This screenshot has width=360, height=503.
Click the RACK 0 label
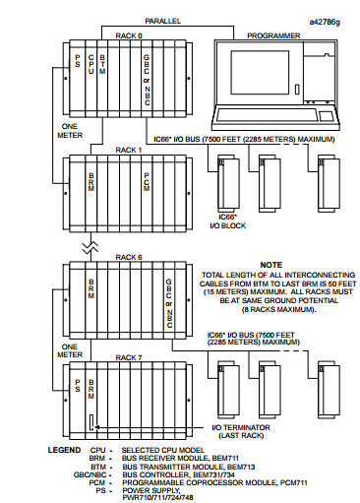[129, 35]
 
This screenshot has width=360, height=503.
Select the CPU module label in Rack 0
[90, 64]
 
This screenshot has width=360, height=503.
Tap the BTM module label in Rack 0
[102, 64]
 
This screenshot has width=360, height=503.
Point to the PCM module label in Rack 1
[147, 182]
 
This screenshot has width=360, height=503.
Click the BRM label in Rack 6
[91, 288]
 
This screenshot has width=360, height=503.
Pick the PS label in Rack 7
[78, 386]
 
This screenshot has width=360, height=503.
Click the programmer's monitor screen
[260, 72]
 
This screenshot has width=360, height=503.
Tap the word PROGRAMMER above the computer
[273, 35]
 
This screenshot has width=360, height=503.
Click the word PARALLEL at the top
[163, 21]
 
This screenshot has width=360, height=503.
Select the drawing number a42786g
[325, 22]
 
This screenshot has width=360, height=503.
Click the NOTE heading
[271, 265]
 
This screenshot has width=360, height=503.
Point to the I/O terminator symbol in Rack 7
[91, 422]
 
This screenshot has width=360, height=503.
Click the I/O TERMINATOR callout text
[241, 431]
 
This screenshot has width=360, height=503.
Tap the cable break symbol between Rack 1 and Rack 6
[90, 247]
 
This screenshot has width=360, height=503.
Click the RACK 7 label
[129, 357]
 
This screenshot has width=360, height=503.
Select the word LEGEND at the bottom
[64, 450]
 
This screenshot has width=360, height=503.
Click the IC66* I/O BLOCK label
[227, 221]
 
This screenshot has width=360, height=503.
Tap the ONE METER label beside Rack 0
[70, 131]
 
